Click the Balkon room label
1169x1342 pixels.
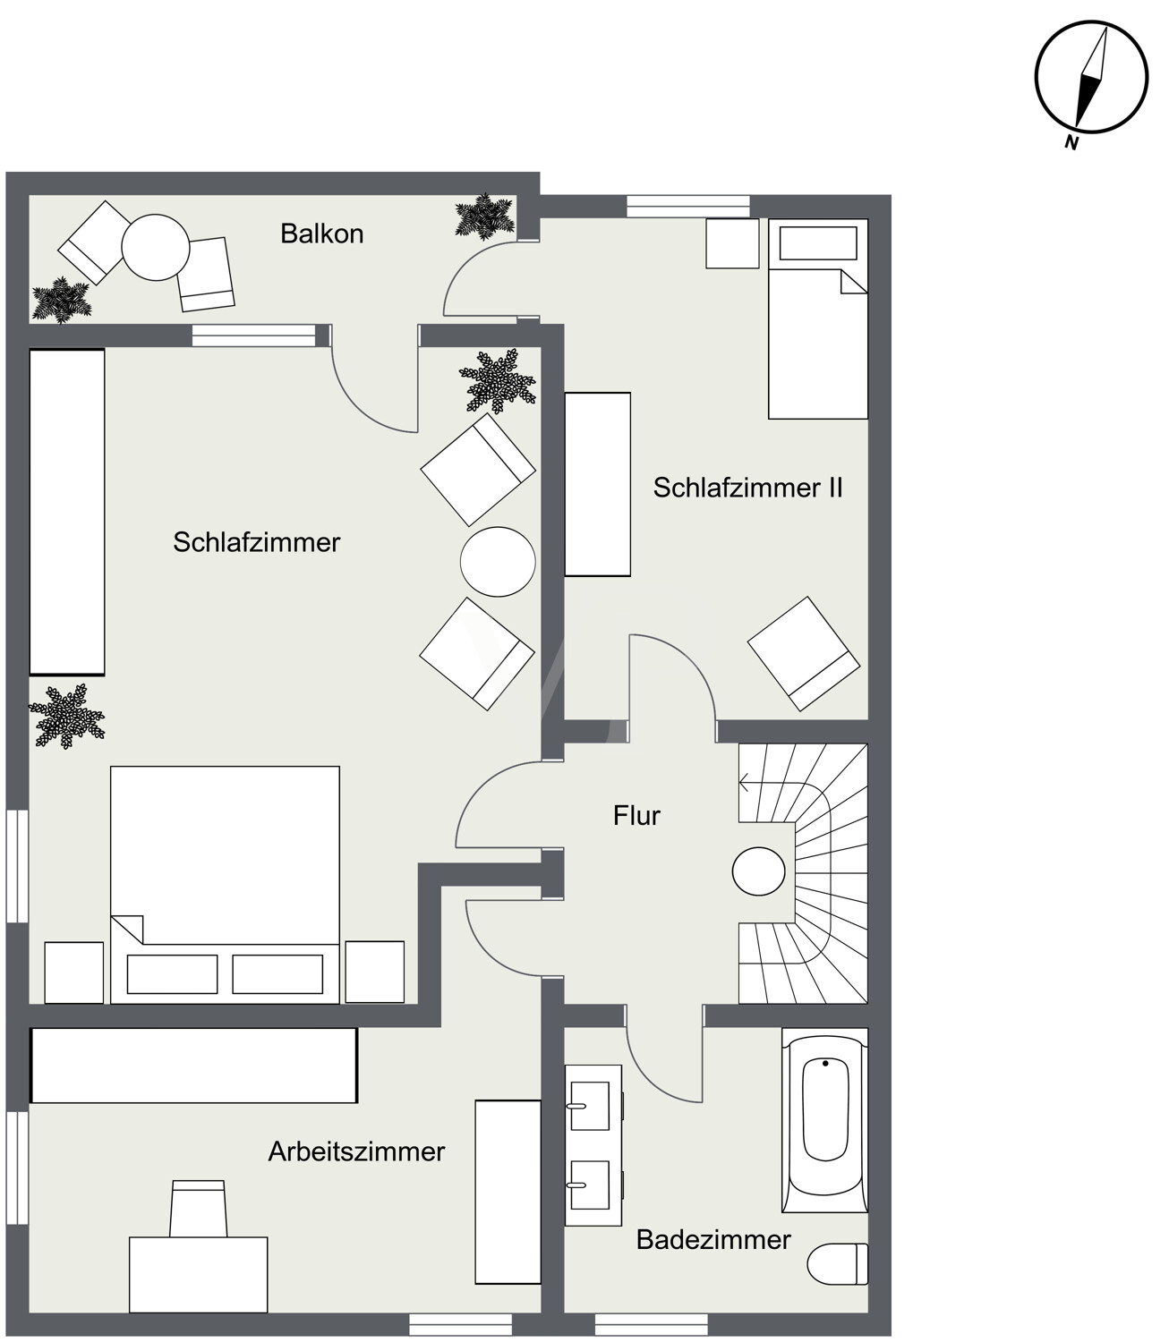(321, 234)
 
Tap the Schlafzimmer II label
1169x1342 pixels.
(747, 488)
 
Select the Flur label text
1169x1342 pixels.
(636, 816)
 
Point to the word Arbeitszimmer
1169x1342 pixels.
(356, 1152)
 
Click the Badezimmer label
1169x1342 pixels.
(713, 1240)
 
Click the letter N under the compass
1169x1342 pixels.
(1071, 142)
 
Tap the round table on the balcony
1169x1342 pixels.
(156, 247)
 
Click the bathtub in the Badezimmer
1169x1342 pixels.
(824, 1119)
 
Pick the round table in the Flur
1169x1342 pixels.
(758, 871)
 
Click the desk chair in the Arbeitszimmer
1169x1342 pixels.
(198, 1209)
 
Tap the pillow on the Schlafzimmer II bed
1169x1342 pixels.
(818, 243)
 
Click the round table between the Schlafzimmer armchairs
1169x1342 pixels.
(498, 562)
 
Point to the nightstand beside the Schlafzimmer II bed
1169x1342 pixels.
(732, 243)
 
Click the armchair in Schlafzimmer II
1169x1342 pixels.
(804, 653)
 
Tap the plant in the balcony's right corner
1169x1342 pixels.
(485, 217)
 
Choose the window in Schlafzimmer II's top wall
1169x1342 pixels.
(688, 206)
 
